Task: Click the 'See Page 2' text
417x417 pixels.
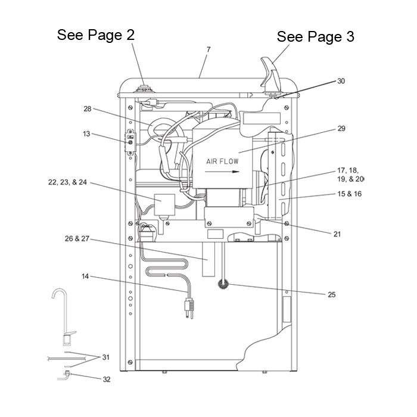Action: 96,35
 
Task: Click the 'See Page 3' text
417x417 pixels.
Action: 315,36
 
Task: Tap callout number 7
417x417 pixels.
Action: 208,49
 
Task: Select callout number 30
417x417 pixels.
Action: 341,81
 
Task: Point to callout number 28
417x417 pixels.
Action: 88,109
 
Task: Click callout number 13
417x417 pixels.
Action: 87,134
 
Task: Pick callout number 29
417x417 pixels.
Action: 341,129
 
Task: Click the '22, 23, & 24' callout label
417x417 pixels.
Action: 67,182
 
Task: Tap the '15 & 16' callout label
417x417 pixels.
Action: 350,194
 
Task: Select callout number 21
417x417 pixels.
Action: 337,234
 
